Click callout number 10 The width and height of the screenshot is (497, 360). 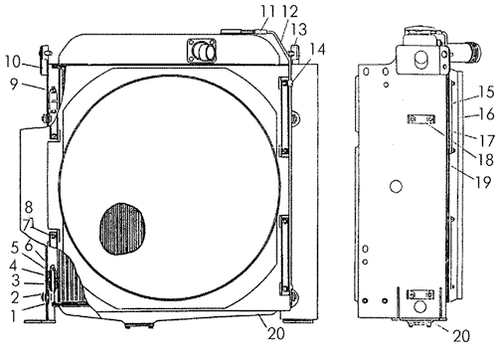click(13, 62)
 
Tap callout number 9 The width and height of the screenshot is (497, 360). click(14, 85)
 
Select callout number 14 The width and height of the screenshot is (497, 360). click(317, 49)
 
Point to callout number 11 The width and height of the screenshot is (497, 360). click(267, 12)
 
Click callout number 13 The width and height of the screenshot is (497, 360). click(299, 29)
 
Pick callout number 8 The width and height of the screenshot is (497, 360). click(29, 208)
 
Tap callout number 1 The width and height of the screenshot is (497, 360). click(13, 316)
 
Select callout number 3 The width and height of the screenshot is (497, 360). click(15, 280)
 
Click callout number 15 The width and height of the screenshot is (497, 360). click(487, 91)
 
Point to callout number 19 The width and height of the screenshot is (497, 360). click(484, 182)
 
